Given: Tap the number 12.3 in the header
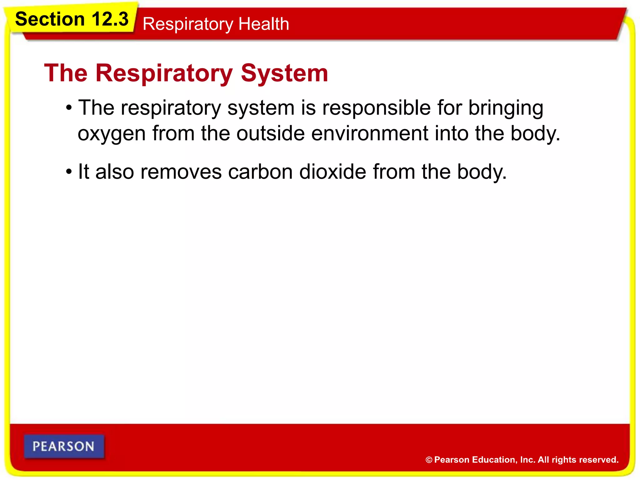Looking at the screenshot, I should tap(110, 19).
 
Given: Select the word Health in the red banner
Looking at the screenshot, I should tap(263, 24).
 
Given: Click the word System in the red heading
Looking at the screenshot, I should tap(284, 73).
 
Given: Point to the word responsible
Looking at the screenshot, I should tap(377, 108).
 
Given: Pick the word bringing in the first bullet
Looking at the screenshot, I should tap(506, 108).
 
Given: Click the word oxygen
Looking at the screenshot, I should tap(112, 134).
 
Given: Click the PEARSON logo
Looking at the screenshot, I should tap(64, 446).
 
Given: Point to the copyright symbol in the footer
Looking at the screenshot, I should tap(429, 460).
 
